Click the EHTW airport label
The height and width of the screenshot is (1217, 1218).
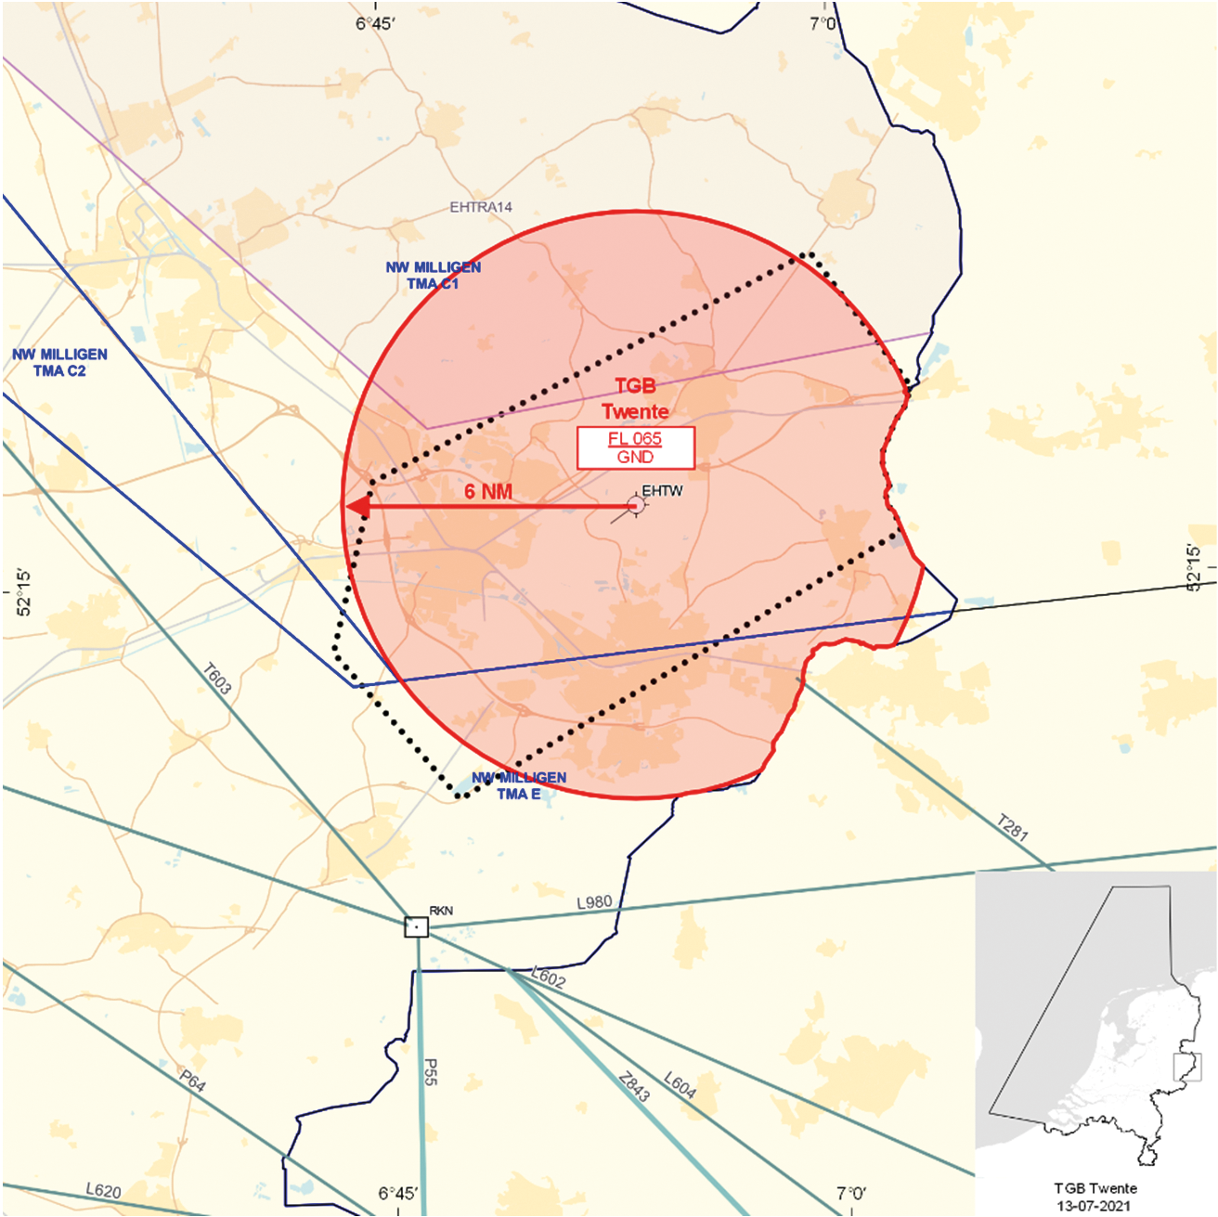[x=662, y=490]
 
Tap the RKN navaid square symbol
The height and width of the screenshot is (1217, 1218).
[x=417, y=926]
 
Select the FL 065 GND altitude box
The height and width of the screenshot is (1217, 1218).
[x=635, y=447]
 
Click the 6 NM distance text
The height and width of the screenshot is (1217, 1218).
[x=488, y=491]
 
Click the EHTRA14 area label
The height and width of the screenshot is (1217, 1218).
[x=481, y=207]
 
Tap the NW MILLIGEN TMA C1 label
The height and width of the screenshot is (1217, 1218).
[x=434, y=276]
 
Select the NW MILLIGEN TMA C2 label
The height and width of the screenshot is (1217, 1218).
[x=59, y=362]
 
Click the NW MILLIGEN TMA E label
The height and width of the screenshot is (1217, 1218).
[x=519, y=785]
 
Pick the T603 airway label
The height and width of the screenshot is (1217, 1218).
[x=216, y=678]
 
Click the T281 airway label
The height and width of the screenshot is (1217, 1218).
[x=1012, y=827]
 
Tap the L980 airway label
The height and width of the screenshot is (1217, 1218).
[x=594, y=902]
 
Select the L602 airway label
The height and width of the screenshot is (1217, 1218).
[x=548, y=977]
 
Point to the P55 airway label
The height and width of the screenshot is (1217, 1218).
[x=430, y=1071]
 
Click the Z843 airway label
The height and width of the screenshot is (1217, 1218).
[x=634, y=1087]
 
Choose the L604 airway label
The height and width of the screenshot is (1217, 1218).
[x=680, y=1084]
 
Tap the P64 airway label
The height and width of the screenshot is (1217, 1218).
[x=192, y=1081]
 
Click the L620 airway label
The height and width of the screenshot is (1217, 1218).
[x=103, y=1190]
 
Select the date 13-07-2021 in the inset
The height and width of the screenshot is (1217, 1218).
[x=1095, y=1206]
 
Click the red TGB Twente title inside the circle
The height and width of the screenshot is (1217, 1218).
[x=635, y=399]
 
